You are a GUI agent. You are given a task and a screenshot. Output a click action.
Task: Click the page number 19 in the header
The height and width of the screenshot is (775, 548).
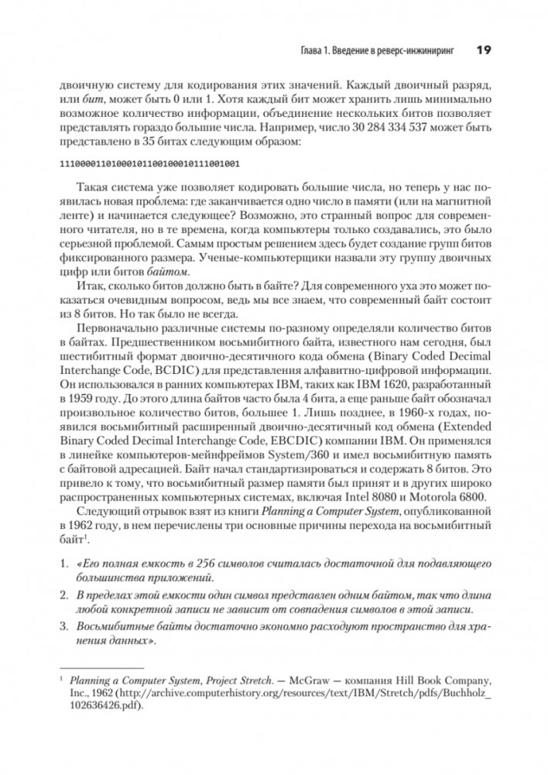click(483, 50)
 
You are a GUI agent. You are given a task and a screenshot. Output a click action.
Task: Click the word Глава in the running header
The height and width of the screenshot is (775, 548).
click(315, 51)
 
